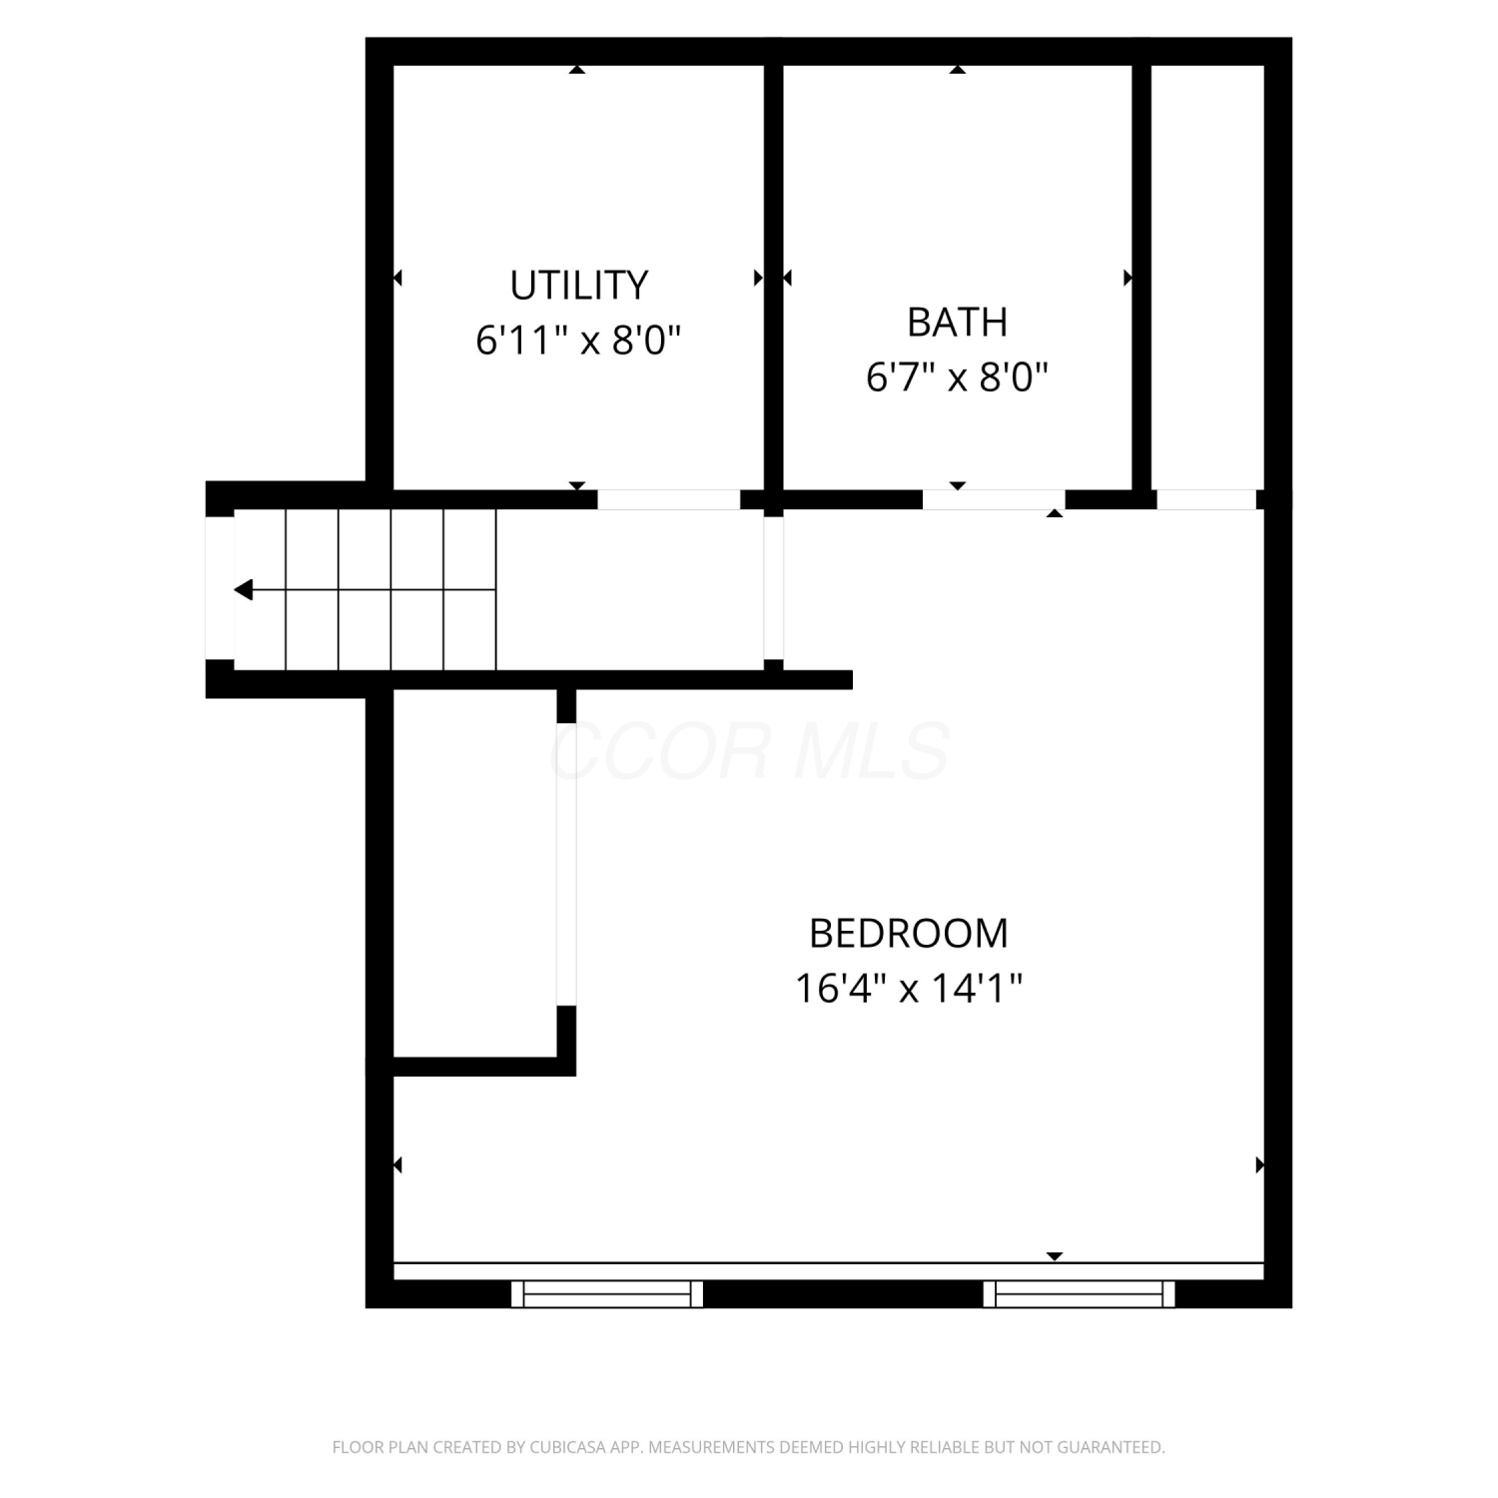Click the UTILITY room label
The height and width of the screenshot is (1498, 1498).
point(579,286)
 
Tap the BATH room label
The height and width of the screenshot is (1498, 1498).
point(957,323)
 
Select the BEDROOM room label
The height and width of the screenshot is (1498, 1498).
point(909,934)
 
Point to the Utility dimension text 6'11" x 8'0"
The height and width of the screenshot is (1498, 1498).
point(578,342)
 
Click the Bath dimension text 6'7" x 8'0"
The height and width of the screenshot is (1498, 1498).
point(957,378)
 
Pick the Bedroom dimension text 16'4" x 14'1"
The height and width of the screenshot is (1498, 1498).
point(909,990)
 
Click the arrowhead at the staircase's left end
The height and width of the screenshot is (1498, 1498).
point(243,590)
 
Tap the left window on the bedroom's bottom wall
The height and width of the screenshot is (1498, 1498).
point(607,1294)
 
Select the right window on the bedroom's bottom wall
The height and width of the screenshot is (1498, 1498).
point(1080,1294)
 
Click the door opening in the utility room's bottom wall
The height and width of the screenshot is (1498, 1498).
point(669,499)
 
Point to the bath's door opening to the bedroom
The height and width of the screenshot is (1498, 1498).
point(994,499)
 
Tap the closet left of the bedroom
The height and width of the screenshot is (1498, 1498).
point(474,873)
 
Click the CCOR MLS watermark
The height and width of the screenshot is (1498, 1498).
point(749,751)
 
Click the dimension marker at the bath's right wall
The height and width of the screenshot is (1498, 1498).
point(1128,278)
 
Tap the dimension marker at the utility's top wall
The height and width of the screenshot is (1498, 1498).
point(577,70)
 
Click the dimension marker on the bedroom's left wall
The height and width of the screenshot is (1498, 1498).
point(397,1164)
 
